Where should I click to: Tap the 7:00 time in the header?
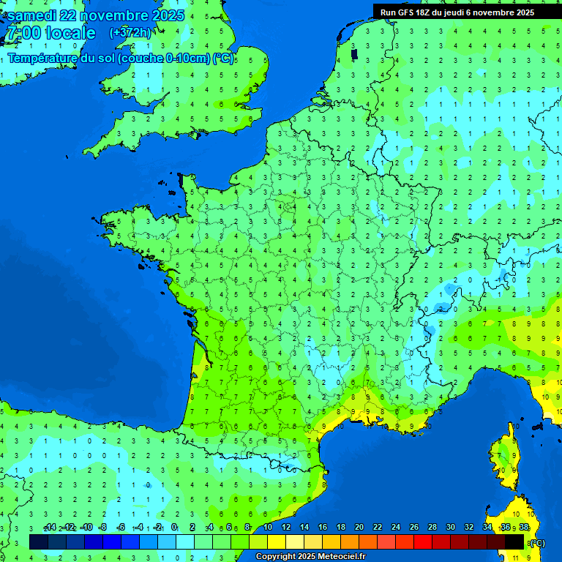pos(23,33)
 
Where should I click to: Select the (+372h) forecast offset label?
pos(130,33)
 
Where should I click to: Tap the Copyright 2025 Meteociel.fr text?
pos(310,557)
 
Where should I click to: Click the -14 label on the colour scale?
pos(50,528)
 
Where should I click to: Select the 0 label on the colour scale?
pos(174,528)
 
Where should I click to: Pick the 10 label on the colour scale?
pos(268,528)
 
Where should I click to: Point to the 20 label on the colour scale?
pos(359,528)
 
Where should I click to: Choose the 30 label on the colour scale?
pos(451,528)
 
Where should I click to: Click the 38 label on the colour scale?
pos(524,528)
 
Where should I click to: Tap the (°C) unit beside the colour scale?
pos(537,543)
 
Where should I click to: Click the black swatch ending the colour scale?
pos(514,542)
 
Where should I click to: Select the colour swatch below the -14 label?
pos(39,542)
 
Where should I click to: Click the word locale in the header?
pos(70,33)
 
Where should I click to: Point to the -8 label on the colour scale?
pos(104,528)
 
